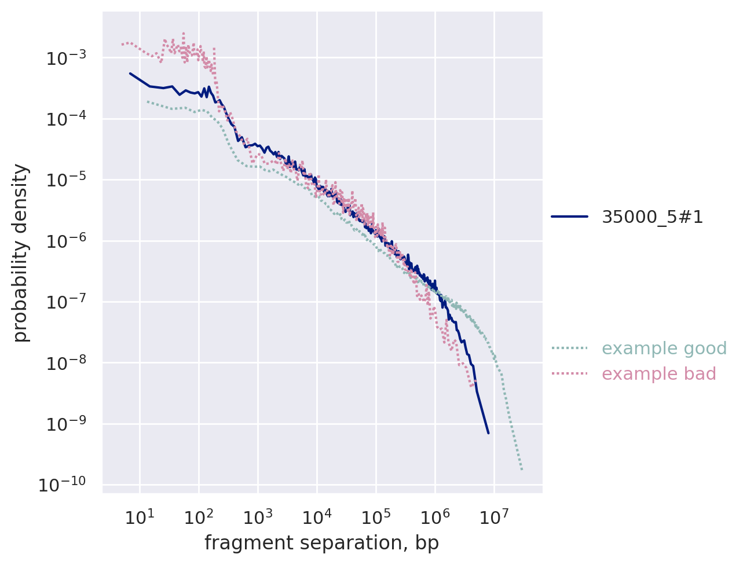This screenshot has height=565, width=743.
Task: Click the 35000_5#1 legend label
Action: pos(652,217)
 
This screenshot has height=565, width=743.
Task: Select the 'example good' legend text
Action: pos(664,348)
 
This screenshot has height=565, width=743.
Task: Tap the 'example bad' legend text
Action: pos(658,374)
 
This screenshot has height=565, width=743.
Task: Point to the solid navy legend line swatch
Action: pos(569,217)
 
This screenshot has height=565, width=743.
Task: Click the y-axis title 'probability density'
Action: pos(21,253)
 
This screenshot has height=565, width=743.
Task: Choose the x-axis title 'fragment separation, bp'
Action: pos(321,543)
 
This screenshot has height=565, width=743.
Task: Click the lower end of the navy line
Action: pos(488,433)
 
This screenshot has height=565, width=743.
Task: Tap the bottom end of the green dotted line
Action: pos(522,469)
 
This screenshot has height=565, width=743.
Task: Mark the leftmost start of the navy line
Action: pos(130,74)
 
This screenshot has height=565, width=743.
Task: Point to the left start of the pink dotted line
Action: pos(122,44)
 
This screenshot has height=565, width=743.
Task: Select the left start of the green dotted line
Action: pos(147,101)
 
